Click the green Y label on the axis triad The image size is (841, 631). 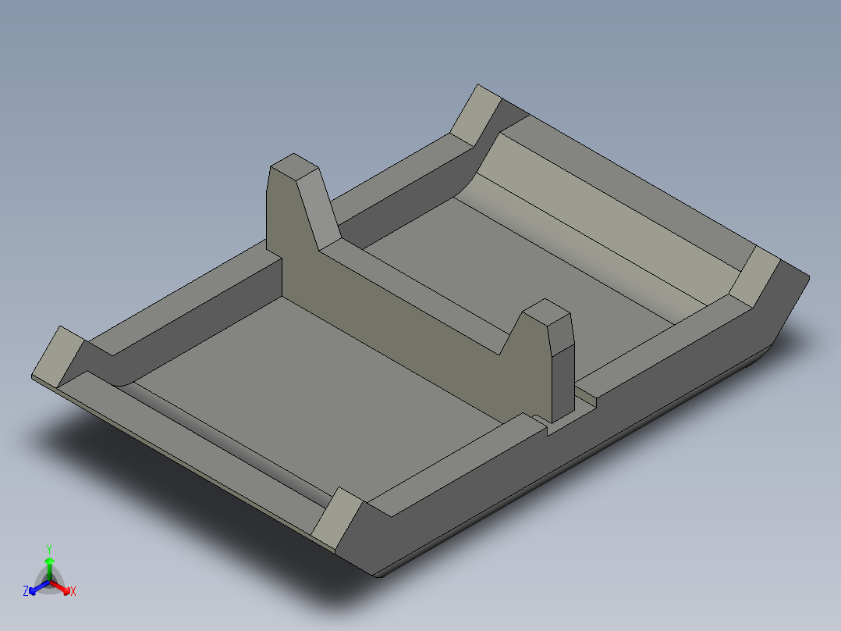pos(49,548)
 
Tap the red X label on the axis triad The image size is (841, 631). pos(73,591)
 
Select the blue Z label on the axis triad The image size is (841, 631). pos(26,591)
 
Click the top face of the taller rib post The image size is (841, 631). pos(294,166)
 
